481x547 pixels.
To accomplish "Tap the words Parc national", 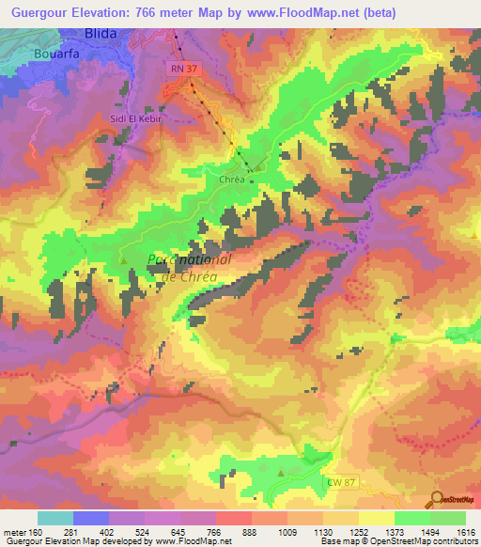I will (x=191, y=260).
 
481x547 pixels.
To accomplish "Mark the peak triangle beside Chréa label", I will (x=258, y=170).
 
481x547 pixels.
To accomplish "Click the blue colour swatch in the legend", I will (x=91, y=518).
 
